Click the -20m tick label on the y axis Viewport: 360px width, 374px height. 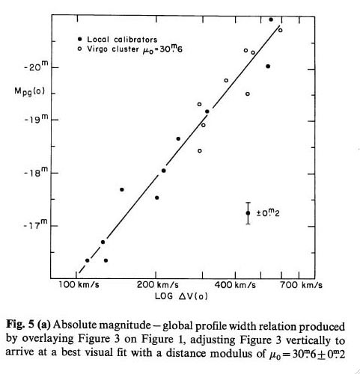click(x=35, y=67)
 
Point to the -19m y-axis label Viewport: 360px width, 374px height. click(x=35, y=120)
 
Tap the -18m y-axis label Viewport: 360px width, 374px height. click(x=35, y=173)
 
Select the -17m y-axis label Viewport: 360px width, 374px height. click(x=35, y=226)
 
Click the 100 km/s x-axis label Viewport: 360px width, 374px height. click(x=79, y=285)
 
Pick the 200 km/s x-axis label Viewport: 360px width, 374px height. click(x=158, y=285)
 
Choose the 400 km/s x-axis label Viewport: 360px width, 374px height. click(x=235, y=285)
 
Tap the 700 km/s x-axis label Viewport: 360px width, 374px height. click(x=302, y=285)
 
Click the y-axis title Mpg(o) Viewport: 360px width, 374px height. click(x=29, y=92)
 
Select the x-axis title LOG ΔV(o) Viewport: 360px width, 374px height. click(x=181, y=296)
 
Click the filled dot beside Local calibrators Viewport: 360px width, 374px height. click(x=80, y=39)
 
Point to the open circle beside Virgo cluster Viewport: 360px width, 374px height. click(x=80, y=49)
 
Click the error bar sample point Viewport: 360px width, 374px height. click(x=248, y=213)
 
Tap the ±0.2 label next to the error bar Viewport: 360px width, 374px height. click(x=268, y=212)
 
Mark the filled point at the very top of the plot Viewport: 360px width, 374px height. click(x=271, y=19)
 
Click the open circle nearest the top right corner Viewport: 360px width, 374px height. click(x=280, y=30)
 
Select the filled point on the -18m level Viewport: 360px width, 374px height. click(x=164, y=171)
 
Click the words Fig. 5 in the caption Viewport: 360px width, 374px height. click(x=19, y=324)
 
